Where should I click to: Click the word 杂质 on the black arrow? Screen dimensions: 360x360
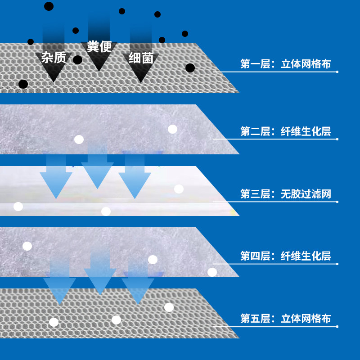54,58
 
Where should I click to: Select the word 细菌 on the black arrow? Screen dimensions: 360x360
141,58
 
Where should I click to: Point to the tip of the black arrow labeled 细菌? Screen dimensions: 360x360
141,81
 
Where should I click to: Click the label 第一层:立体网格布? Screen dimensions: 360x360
285,64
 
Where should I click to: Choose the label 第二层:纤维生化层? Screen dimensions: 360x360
285,131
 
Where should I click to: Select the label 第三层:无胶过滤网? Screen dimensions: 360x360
285,194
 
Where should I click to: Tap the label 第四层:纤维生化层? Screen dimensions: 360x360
285,256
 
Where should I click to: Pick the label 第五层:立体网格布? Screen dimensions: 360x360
285,319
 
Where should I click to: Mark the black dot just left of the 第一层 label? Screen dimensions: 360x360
190,68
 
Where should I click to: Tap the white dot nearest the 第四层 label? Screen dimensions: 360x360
212,272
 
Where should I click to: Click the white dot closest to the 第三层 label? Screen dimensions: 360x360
179,189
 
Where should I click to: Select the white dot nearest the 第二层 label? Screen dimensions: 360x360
172,129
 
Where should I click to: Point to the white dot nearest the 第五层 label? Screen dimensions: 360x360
169,307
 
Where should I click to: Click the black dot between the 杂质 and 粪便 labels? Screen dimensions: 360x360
77,60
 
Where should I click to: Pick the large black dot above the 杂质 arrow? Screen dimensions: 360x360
49,6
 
